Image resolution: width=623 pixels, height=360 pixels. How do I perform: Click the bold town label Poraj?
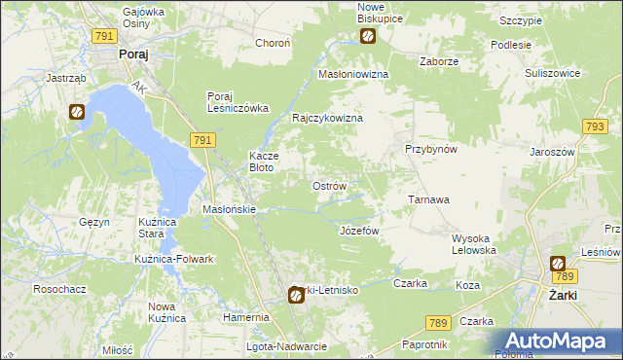132,55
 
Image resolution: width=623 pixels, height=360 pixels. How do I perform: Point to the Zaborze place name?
438,60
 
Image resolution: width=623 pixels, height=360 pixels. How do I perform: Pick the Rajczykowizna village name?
328,118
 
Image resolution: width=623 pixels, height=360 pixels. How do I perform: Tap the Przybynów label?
431,149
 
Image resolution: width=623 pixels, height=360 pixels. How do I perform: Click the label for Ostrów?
329,185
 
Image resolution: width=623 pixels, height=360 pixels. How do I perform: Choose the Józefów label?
358,231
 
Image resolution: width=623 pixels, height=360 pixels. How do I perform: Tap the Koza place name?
468,285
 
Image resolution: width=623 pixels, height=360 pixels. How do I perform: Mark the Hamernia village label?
245,317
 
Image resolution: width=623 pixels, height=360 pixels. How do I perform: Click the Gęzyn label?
94,222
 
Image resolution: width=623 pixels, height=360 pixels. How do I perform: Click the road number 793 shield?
594,127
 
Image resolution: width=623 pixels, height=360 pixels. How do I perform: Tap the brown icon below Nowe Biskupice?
369,37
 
